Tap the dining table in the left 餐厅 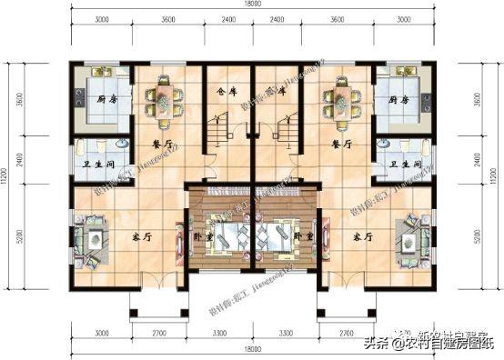(x=165, y=102)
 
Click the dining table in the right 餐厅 (x=338, y=102)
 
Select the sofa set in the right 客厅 (x=410, y=235)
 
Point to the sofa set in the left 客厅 (x=91, y=235)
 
